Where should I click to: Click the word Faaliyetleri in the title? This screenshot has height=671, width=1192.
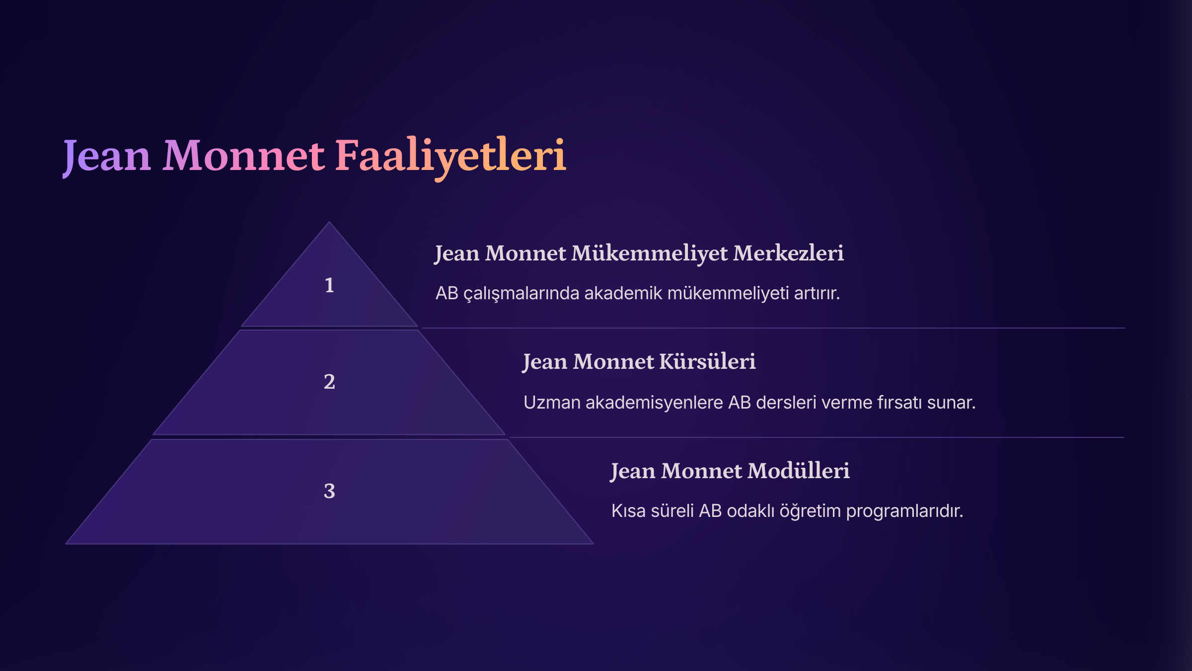pos(450,157)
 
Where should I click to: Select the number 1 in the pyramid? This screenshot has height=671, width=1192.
pos(329,285)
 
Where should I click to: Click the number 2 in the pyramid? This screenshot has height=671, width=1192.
pos(329,382)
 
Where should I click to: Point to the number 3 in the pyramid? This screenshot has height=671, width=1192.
pos(329,491)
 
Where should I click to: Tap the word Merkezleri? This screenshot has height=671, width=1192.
pos(789,253)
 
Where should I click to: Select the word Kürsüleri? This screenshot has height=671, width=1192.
pos(708,361)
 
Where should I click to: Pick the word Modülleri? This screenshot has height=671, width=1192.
pos(799,471)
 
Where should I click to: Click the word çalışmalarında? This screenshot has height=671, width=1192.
pos(521,294)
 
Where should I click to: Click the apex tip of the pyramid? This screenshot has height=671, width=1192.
pos(329,222)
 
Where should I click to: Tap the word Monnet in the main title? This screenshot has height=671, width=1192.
pos(244,157)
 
